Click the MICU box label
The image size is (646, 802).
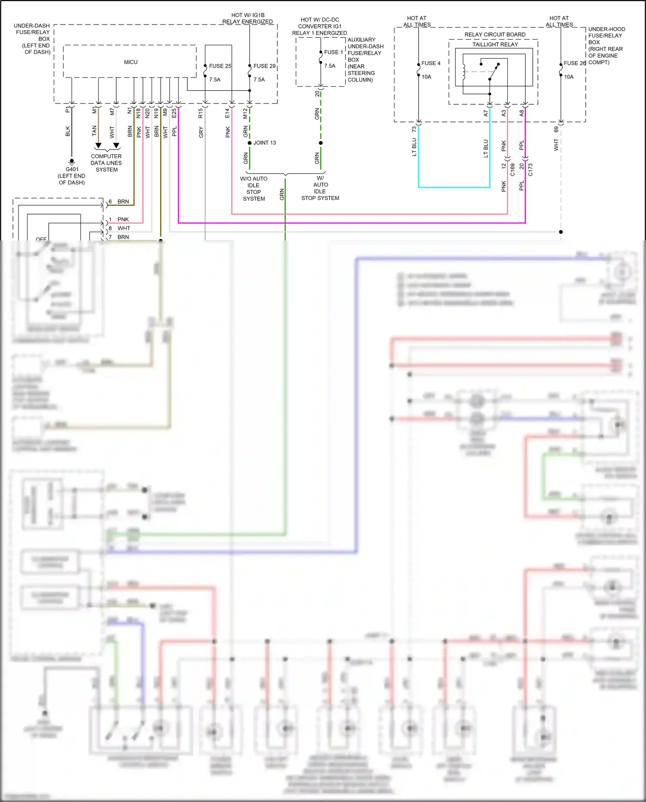click(x=130, y=62)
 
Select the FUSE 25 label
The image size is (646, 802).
click(x=220, y=66)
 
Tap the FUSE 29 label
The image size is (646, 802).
click(x=264, y=66)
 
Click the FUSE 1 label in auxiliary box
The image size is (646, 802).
click(x=333, y=53)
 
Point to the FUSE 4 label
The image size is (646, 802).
click(x=431, y=63)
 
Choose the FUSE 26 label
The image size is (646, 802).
click(x=575, y=63)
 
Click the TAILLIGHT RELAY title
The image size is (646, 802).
click(x=495, y=44)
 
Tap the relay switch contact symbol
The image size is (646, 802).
click(x=494, y=72)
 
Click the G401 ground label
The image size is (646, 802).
click(x=72, y=169)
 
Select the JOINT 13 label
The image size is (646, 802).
click(x=264, y=143)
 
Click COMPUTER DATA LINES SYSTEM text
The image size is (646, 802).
click(x=106, y=163)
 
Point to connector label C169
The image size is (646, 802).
click(x=512, y=169)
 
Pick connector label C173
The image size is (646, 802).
click(x=530, y=169)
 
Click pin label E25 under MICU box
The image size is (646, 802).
click(x=174, y=113)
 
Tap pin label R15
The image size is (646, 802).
click(x=201, y=113)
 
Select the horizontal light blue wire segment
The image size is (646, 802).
click(x=454, y=187)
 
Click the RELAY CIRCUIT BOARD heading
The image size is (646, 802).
click(x=495, y=34)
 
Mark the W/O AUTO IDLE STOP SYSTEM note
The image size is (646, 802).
click(x=254, y=189)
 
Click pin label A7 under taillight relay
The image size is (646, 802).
click(x=486, y=113)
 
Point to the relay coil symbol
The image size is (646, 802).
click(x=464, y=72)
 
